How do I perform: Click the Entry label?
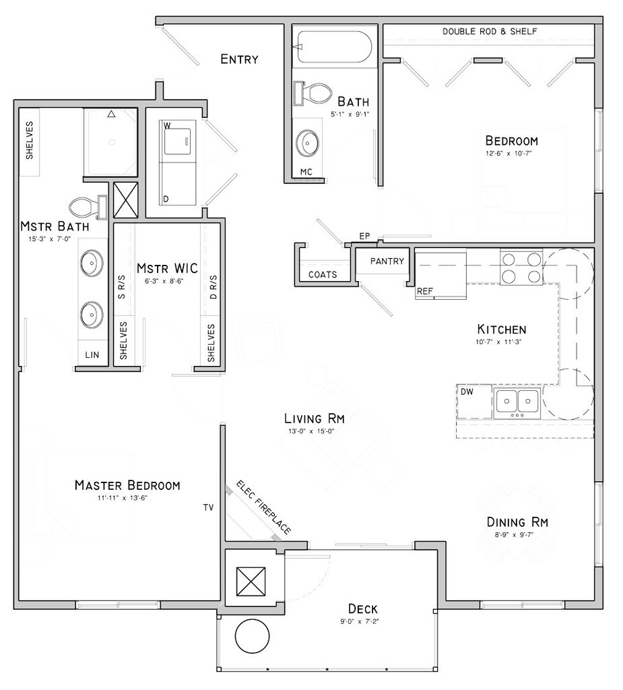[x=239, y=59]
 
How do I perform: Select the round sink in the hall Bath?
[x=309, y=142]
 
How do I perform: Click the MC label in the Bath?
[x=306, y=172]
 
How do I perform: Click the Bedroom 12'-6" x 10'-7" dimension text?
[x=512, y=154]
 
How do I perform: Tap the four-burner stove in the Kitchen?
[x=521, y=267]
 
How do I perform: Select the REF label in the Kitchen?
[x=424, y=292]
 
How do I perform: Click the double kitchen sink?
[x=517, y=402]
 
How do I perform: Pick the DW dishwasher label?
[x=466, y=391]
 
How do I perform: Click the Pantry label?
[x=387, y=261]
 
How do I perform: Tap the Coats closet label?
[x=323, y=274]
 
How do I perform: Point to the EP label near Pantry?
[x=365, y=236]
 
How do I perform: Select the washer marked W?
[x=176, y=138]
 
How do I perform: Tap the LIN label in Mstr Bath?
[x=92, y=354]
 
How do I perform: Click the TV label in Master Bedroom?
[x=209, y=507]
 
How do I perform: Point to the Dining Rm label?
[x=517, y=522]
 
